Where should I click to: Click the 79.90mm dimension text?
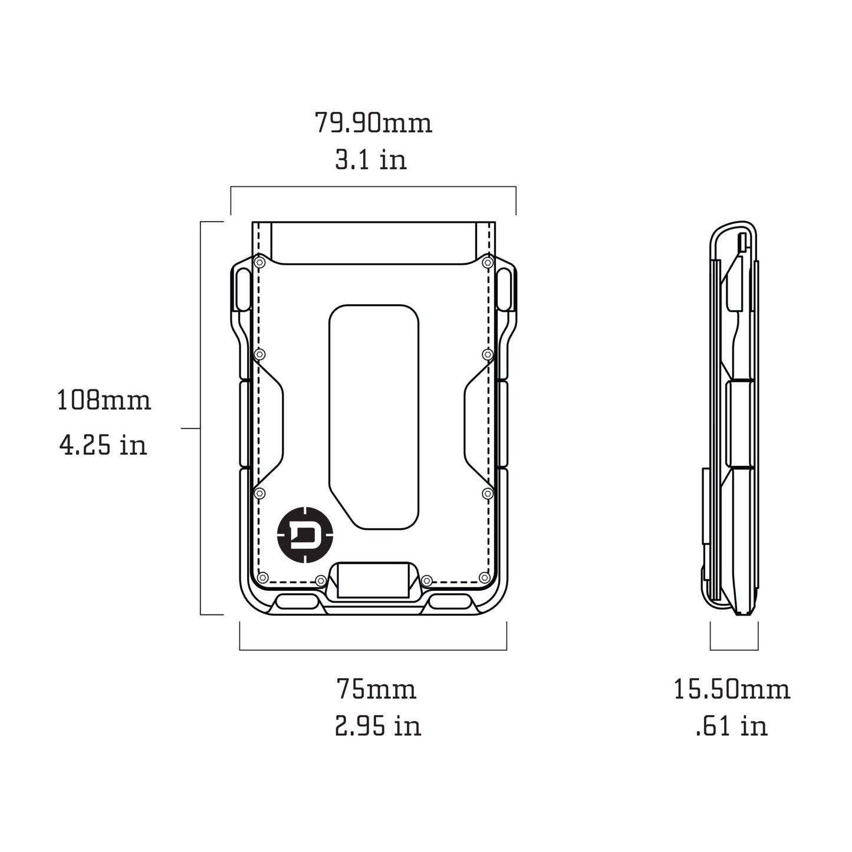pyautogui.click(x=373, y=123)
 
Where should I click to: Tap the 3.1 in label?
pyautogui.click(x=371, y=160)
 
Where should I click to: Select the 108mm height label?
pyautogui.click(x=104, y=400)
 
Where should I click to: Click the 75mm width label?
pyautogui.click(x=376, y=689)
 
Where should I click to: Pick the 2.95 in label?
pyautogui.click(x=378, y=726)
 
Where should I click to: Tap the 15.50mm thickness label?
pyautogui.click(x=732, y=689)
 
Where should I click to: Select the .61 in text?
pyautogui.click(x=732, y=726)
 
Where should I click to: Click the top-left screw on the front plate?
pyautogui.click(x=259, y=261)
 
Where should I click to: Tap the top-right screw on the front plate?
pyautogui.click(x=487, y=261)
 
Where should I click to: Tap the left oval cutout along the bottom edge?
pyautogui.click(x=296, y=602)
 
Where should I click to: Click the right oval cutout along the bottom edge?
pyautogui.click(x=450, y=602)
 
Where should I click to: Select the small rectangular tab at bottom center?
pyautogui.click(x=373, y=581)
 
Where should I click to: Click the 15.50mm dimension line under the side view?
pyautogui.click(x=734, y=650)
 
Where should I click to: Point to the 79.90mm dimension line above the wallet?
pyautogui.click(x=373, y=187)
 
